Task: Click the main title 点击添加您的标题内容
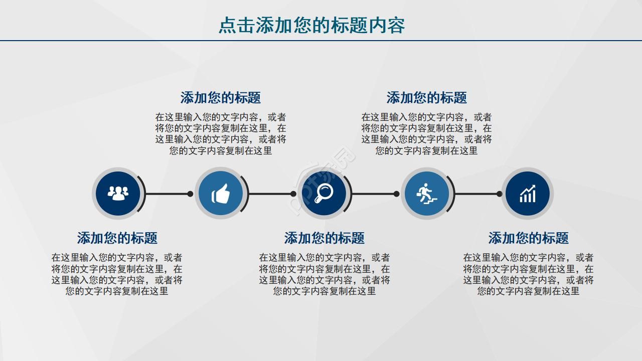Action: click(x=311, y=25)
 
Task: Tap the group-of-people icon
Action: click(x=118, y=194)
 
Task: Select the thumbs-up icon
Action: click(x=221, y=194)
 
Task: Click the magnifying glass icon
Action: click(x=324, y=194)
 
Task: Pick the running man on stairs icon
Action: click(x=426, y=194)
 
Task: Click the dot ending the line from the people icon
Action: click(x=190, y=194)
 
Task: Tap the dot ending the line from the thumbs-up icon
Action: click(x=293, y=194)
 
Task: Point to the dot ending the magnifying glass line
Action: click(x=396, y=194)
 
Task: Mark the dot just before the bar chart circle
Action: click(x=499, y=194)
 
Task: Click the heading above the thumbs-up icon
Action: click(x=221, y=97)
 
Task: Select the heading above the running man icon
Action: click(x=427, y=97)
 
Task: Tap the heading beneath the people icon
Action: click(x=117, y=238)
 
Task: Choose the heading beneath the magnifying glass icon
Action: click(x=325, y=238)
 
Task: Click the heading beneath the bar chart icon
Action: click(x=529, y=238)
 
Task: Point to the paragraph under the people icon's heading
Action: click(x=117, y=274)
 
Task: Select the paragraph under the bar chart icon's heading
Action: click(x=528, y=274)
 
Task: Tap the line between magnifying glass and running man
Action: click(x=374, y=194)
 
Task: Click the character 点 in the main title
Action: click(x=228, y=25)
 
